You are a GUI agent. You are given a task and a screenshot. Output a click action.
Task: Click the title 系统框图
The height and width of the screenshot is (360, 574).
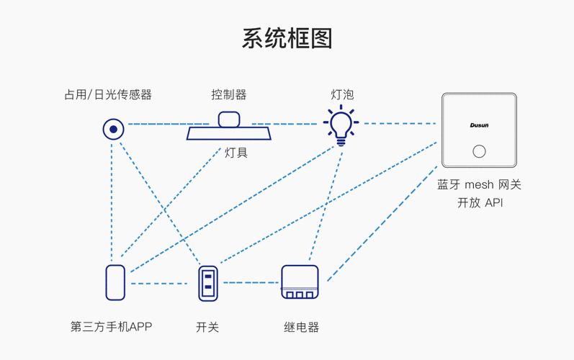[x=287, y=38]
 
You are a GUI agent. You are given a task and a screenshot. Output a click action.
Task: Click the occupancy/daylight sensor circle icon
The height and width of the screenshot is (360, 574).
[x=113, y=130]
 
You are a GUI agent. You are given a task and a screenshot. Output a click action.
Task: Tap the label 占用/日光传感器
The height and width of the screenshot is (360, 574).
[x=108, y=94]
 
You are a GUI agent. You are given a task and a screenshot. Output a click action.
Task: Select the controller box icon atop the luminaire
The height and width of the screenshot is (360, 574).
[x=229, y=119]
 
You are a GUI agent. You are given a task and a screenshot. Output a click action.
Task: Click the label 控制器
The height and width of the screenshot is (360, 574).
[x=229, y=94]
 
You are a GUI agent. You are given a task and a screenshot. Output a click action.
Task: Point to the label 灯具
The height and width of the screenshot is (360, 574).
[x=236, y=152]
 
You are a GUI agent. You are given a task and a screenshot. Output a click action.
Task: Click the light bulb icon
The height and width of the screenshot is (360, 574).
[x=341, y=125]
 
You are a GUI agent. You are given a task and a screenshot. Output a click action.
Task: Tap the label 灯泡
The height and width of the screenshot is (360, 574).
[x=342, y=94]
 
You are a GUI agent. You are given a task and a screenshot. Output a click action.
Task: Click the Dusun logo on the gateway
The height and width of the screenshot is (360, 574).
[x=479, y=125]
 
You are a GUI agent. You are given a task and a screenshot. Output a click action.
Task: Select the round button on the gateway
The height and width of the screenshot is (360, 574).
[x=479, y=151]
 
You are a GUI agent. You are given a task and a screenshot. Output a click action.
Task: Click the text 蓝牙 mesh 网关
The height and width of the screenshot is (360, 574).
[x=479, y=184]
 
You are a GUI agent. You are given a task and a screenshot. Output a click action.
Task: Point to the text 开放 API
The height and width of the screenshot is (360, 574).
[x=479, y=203]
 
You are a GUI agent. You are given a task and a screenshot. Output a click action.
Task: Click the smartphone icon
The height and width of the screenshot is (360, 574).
[x=115, y=282]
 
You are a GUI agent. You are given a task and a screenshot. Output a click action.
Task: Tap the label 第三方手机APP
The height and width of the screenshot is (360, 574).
[x=112, y=327]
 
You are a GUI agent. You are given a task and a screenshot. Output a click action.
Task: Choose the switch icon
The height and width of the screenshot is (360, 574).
[x=207, y=283]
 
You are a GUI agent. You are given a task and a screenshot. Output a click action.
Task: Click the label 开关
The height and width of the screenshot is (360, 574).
[x=207, y=327]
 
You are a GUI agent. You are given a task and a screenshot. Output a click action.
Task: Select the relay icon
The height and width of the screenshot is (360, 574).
[x=300, y=282]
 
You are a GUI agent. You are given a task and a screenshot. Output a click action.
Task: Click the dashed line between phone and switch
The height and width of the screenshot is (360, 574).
[x=160, y=283]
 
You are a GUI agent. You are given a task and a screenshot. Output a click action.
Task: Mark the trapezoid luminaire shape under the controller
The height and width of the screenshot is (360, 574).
[x=229, y=134]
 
